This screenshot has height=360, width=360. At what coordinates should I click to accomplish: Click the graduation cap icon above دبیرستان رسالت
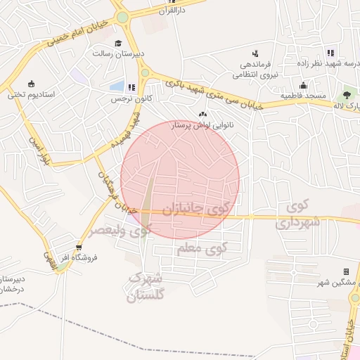117,42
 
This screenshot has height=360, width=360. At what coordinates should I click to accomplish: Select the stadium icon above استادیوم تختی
31,83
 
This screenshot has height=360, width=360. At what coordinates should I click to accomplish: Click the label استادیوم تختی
36,94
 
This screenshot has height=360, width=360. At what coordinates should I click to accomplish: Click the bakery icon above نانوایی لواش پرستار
203,114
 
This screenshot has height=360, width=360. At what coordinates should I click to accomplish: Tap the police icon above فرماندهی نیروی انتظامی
255,53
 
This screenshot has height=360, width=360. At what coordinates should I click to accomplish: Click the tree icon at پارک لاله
346,94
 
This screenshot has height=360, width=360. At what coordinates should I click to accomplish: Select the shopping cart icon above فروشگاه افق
79,247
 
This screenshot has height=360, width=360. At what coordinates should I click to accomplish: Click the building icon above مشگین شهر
346,271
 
